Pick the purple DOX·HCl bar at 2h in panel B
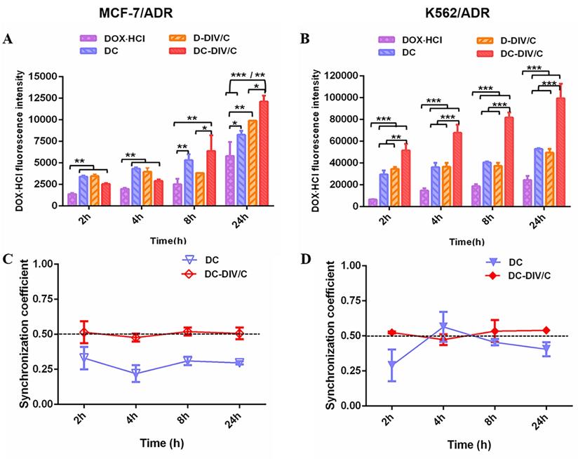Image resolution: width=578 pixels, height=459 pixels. click(x=373, y=202)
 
